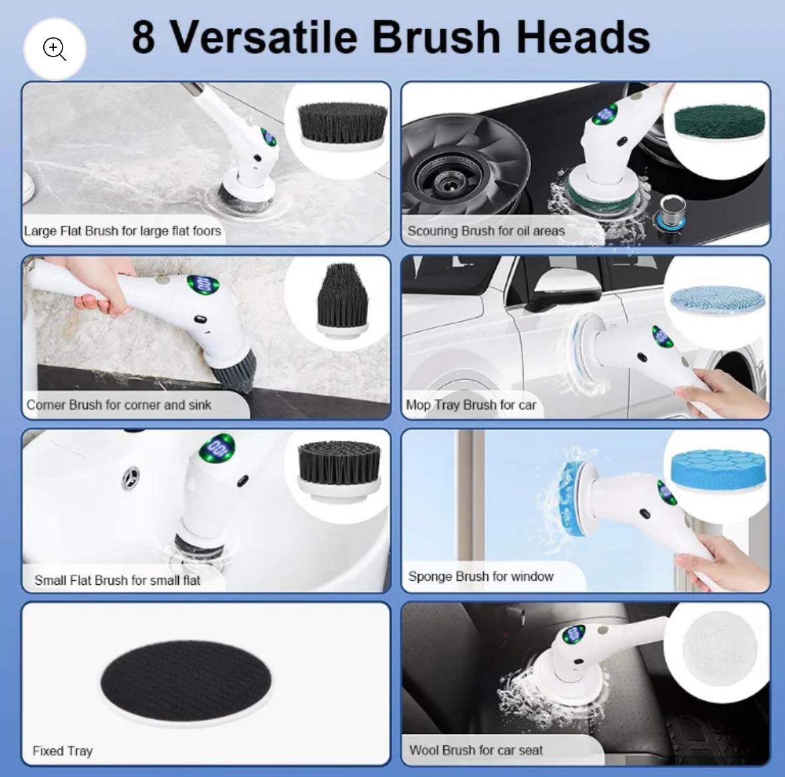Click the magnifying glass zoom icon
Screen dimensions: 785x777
coord(55,49)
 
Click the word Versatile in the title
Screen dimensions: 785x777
coord(265,37)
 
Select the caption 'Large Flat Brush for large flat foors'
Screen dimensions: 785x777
coord(122,231)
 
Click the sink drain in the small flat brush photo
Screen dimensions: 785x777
coord(131,478)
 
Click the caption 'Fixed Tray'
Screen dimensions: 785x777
coord(62,750)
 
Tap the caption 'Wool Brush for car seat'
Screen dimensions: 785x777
coord(476,750)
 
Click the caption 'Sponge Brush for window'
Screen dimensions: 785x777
coord(481,576)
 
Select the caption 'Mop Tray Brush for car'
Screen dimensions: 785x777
coord(471,405)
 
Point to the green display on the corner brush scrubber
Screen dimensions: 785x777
coord(203,284)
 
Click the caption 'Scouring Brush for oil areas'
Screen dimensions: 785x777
coord(486,231)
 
